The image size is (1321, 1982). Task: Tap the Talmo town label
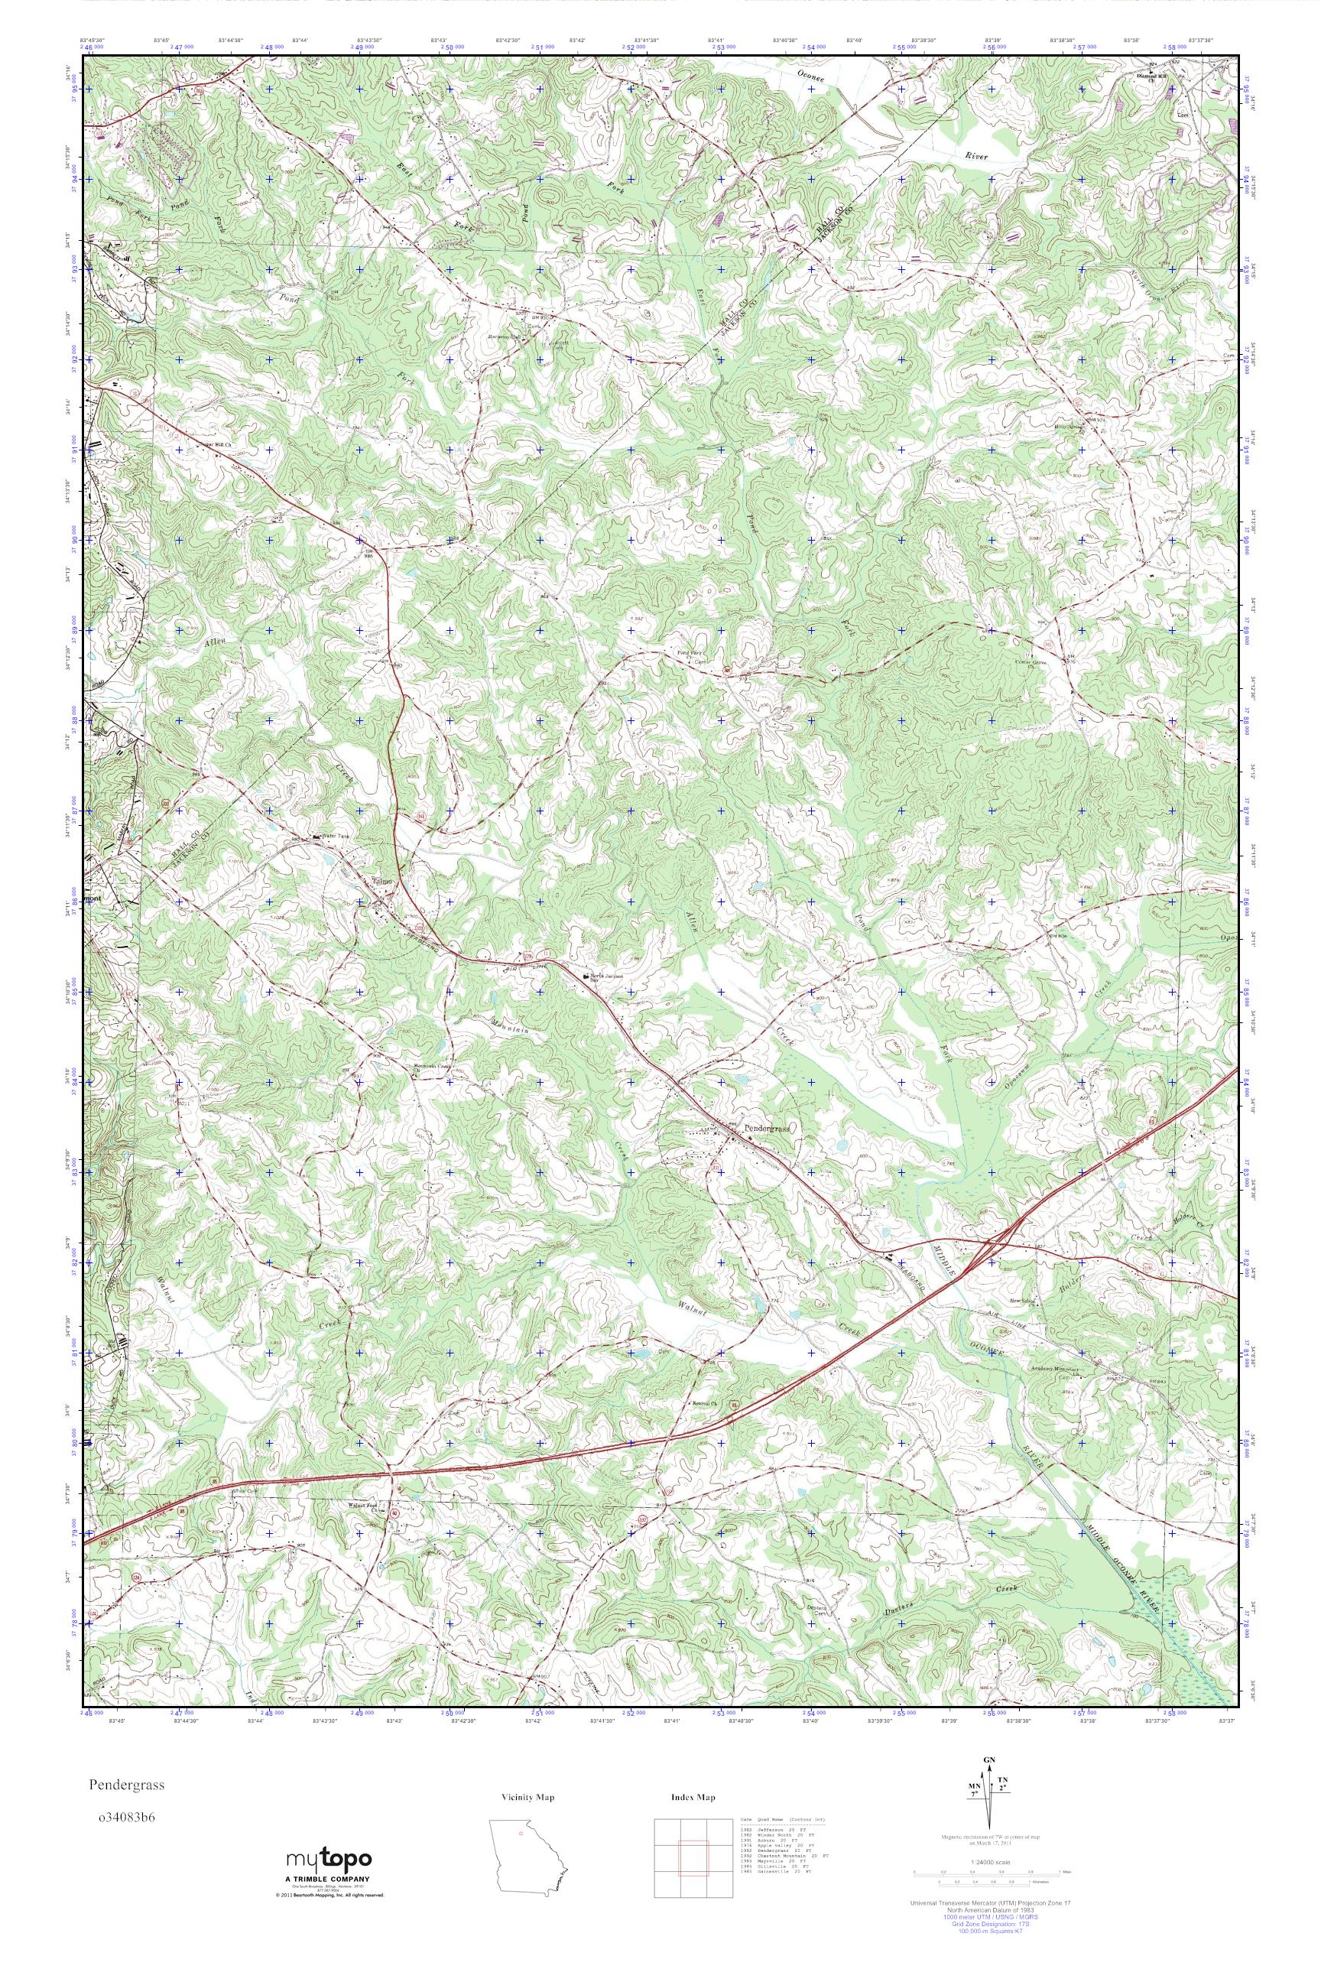click(x=383, y=882)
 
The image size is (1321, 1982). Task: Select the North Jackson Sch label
click(x=605, y=976)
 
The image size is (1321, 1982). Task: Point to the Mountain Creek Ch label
click(x=432, y=1065)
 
